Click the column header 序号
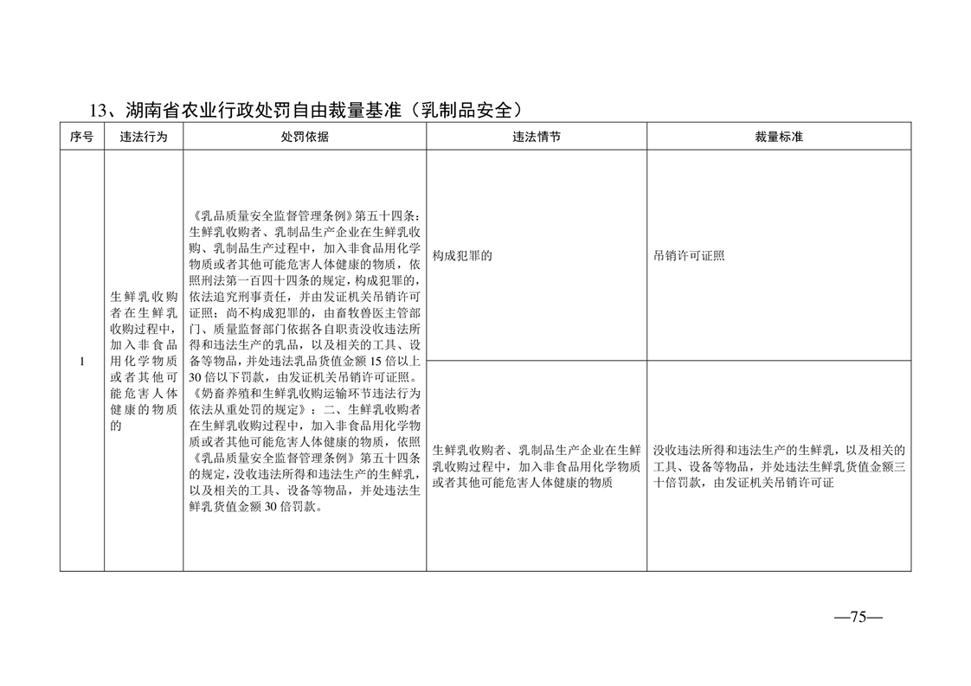82,137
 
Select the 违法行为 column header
144,137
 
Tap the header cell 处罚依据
305,137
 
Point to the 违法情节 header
537,137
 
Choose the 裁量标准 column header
779,137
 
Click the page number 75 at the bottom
858,617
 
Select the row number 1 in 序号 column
82,362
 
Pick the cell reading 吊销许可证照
690,256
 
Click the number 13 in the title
98,111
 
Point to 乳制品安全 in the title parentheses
467,111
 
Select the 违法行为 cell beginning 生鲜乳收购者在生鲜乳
144,362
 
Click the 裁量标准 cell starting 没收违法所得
779,466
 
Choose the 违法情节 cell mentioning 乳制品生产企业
537,466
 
